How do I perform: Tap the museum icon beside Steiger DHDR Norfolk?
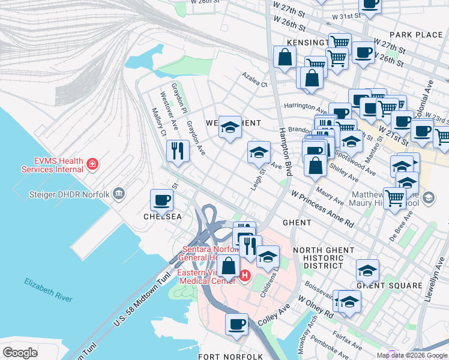[119, 193]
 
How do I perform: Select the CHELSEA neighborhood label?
[162, 217]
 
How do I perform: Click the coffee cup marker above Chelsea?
[161, 200]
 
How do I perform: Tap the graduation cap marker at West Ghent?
[230, 127]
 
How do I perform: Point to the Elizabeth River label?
[48, 290]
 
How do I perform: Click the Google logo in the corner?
[20, 353]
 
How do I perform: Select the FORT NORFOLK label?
[231, 356]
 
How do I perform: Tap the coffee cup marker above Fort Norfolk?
[237, 325]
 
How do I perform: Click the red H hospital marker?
[245, 276]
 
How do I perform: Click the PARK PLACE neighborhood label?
[415, 35]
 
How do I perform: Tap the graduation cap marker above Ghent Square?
[367, 270]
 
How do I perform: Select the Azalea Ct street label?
[255, 80]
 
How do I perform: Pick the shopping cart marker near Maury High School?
[394, 197]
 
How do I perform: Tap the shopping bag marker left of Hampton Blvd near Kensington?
[285, 58]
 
